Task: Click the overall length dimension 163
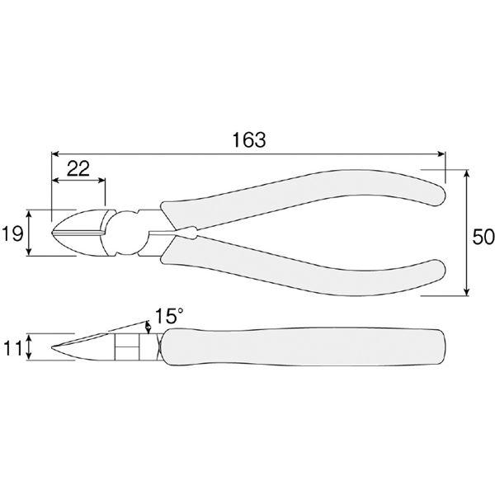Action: pyautogui.click(x=249, y=139)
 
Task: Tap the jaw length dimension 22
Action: pyautogui.click(x=78, y=168)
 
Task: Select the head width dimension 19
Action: pyautogui.click(x=12, y=234)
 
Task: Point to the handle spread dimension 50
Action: pyautogui.click(x=483, y=237)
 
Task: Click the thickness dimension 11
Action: pyautogui.click(x=12, y=348)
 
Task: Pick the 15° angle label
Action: pyautogui.click(x=169, y=316)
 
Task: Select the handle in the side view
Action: pyautogui.click(x=304, y=347)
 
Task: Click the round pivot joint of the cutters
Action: pyautogui.click(x=127, y=233)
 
